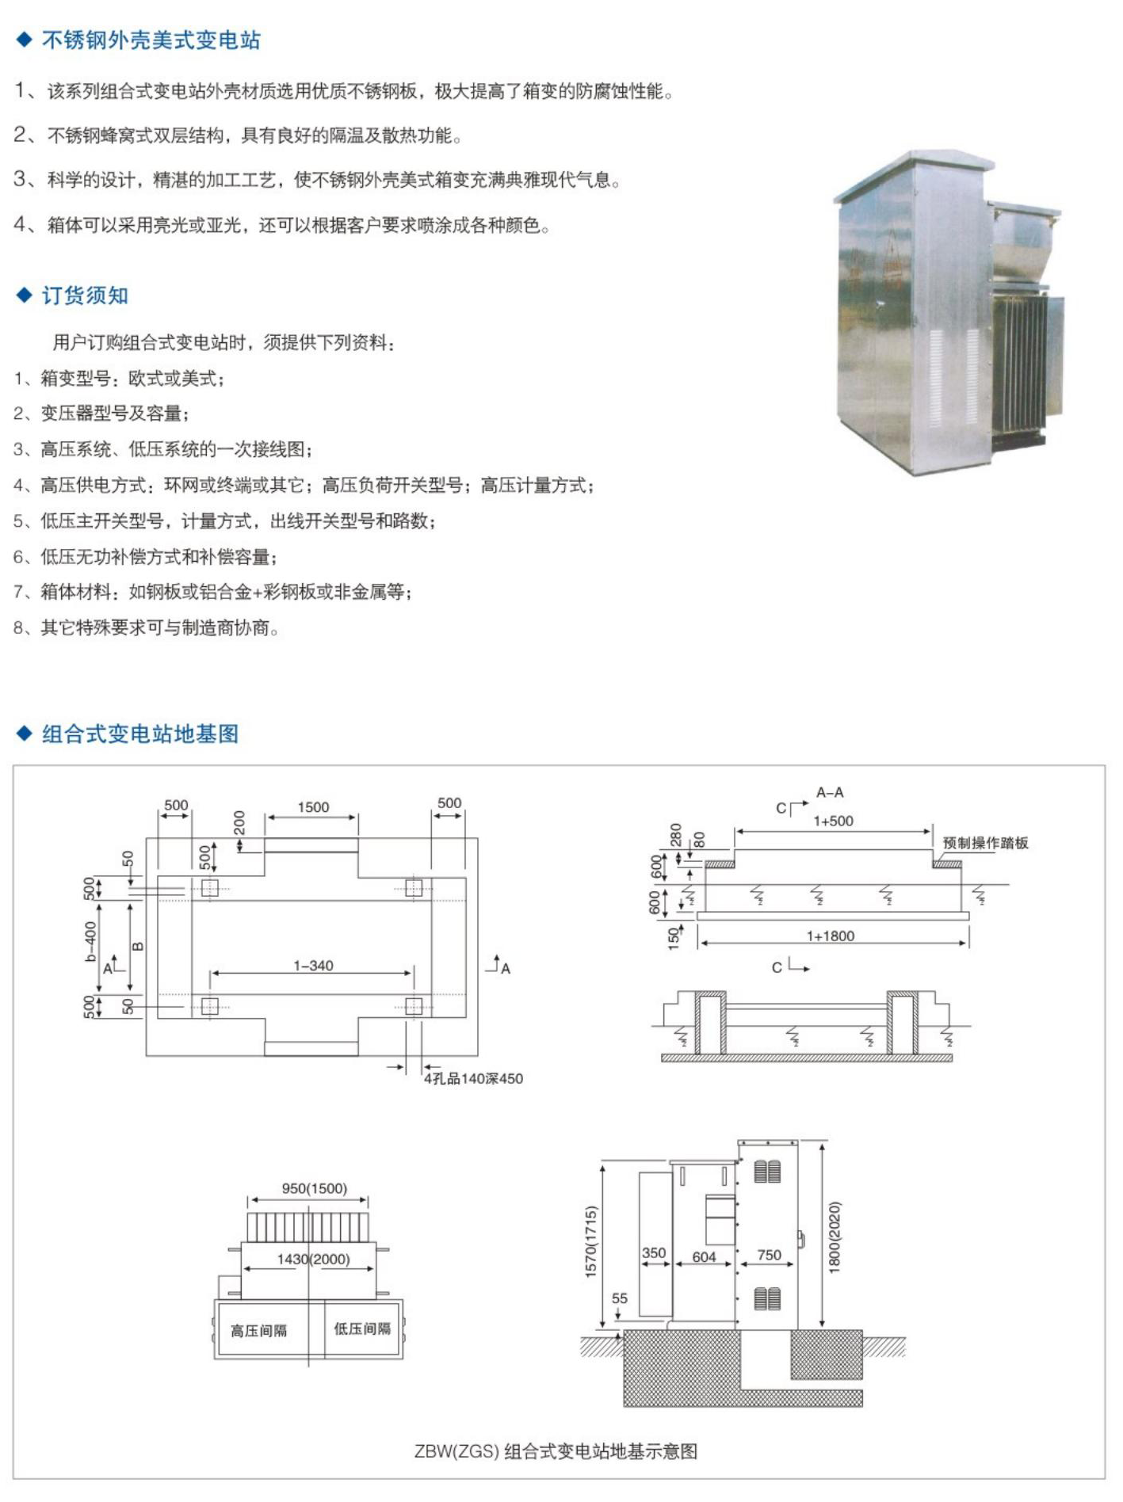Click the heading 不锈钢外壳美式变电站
click(x=151, y=40)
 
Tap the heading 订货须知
click(x=85, y=295)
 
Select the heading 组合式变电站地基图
click(x=140, y=734)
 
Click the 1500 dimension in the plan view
click(x=313, y=807)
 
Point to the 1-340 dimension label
click(x=313, y=966)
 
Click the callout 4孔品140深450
click(x=473, y=1078)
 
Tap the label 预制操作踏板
click(x=985, y=843)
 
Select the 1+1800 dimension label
click(x=831, y=936)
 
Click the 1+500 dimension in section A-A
click(x=833, y=822)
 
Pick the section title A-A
click(x=830, y=792)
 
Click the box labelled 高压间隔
click(x=259, y=1330)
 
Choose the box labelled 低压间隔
click(x=362, y=1329)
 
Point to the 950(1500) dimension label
click(x=314, y=1188)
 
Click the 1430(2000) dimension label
click(x=313, y=1259)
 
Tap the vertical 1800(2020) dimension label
click(x=835, y=1237)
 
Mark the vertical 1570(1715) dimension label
click(x=590, y=1241)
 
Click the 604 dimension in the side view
click(x=704, y=1256)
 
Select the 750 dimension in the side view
click(x=769, y=1255)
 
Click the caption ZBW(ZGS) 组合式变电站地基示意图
click(x=556, y=1451)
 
